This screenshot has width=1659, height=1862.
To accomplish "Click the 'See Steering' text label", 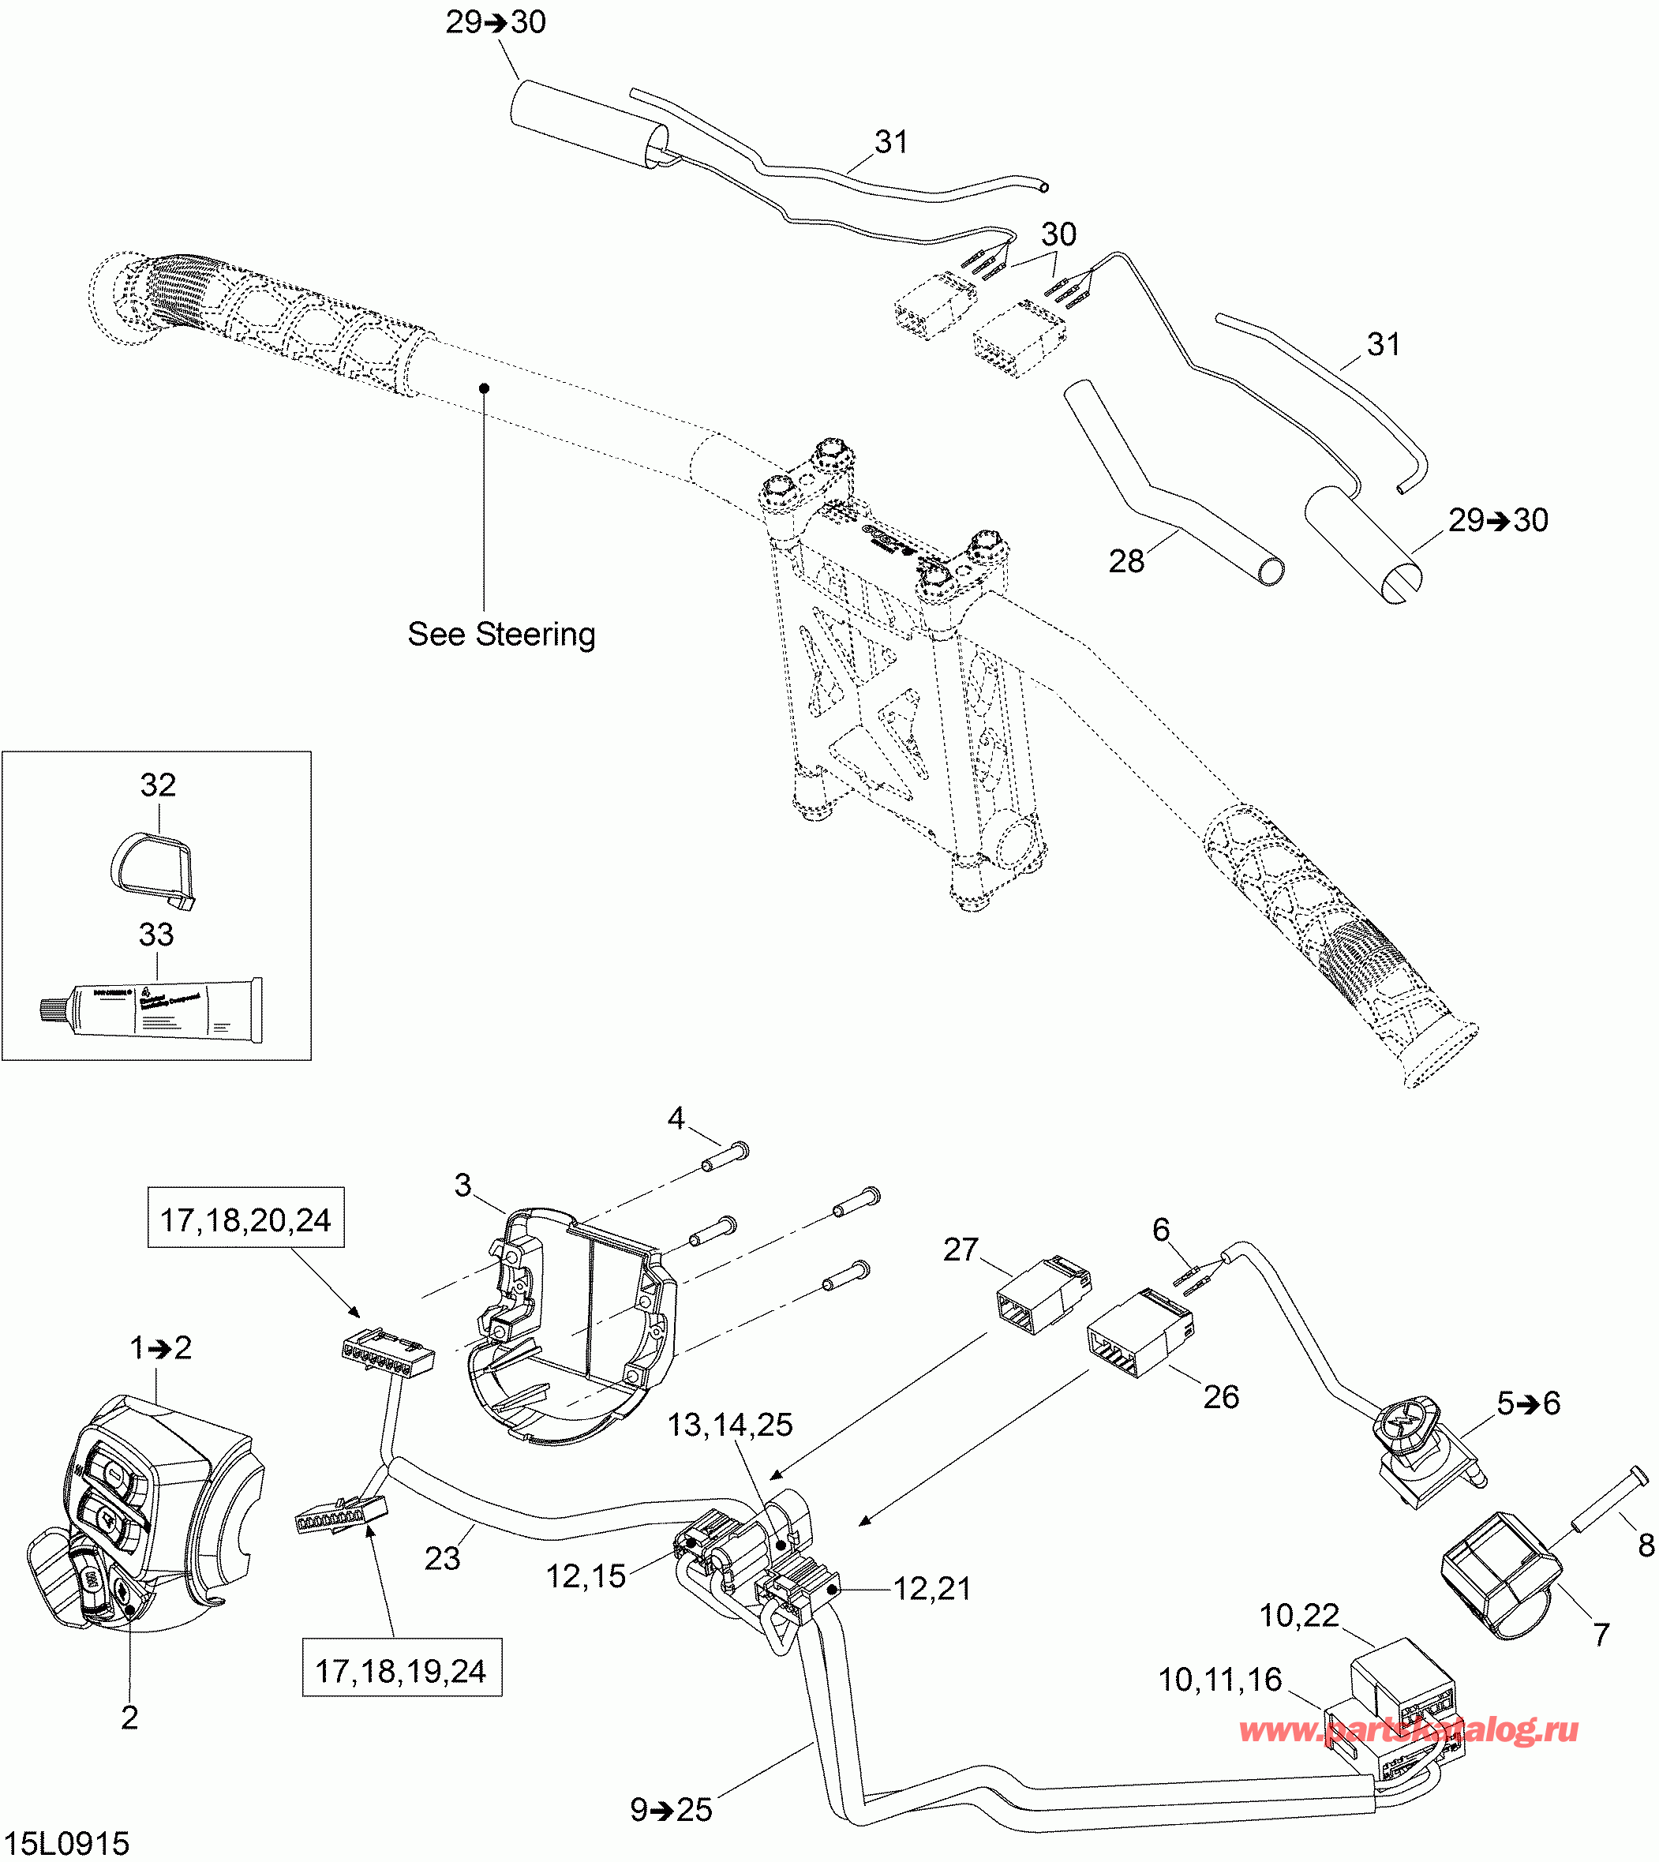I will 501,635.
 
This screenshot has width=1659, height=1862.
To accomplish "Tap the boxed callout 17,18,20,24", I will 246,1219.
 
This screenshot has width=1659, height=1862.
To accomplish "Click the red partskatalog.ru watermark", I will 1408,1729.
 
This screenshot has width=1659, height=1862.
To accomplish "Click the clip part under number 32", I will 153,871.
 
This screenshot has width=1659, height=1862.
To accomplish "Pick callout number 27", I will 961,1249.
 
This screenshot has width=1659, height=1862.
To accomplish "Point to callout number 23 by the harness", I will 442,1558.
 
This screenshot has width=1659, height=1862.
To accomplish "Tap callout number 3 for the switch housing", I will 463,1185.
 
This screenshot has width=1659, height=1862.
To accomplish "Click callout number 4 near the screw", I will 676,1118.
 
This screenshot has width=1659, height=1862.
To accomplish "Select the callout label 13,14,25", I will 730,1425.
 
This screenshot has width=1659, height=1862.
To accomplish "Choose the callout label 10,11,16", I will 1219,1680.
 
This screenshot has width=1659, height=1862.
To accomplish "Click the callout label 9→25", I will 671,1809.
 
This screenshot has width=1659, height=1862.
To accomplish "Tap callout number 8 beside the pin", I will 1646,1545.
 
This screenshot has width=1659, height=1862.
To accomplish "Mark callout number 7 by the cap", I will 1601,1634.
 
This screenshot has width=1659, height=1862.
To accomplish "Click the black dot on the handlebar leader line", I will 485,388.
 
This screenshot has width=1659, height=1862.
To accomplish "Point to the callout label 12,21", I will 931,1589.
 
